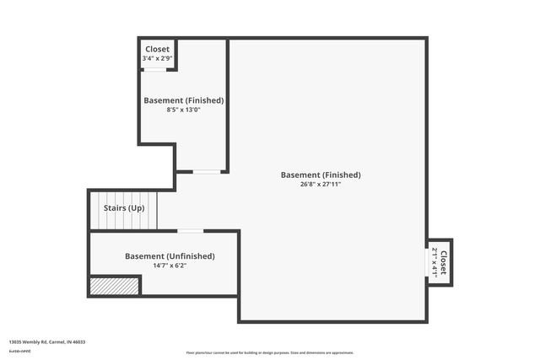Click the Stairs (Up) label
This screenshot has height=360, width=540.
point(124,207)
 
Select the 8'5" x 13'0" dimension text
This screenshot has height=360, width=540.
point(183,110)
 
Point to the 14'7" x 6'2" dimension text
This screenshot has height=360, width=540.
point(170,266)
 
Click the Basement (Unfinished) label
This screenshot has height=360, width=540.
point(170,256)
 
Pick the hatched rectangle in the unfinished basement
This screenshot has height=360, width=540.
point(114,287)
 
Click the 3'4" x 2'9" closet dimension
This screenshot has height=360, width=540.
point(158,58)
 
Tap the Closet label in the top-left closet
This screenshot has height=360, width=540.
point(158,50)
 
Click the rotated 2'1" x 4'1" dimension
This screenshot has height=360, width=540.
point(435,261)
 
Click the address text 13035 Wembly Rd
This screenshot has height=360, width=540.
point(33,342)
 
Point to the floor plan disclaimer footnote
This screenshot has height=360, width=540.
point(269,352)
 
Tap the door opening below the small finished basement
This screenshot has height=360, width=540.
point(206,172)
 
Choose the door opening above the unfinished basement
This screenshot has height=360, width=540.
point(191,231)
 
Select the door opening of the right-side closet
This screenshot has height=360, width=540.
point(427,261)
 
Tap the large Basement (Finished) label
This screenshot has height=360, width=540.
point(321,175)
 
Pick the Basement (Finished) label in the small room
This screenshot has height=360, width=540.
point(183,100)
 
